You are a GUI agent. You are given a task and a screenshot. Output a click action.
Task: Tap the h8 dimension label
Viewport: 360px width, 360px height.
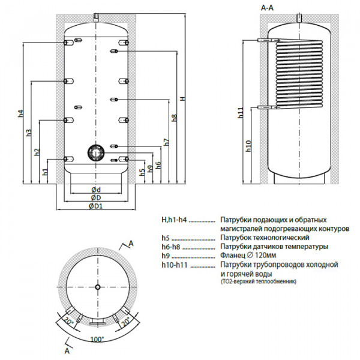pyautogui.click(x=174, y=118)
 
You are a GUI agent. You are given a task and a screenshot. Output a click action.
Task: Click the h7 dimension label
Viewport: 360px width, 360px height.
pyautogui.click(x=166, y=142)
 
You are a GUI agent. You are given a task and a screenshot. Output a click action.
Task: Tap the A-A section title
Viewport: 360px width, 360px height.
pyautogui.click(x=269, y=8)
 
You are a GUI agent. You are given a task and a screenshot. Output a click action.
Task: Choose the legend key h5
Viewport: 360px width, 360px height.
pyautogui.click(x=165, y=238)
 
